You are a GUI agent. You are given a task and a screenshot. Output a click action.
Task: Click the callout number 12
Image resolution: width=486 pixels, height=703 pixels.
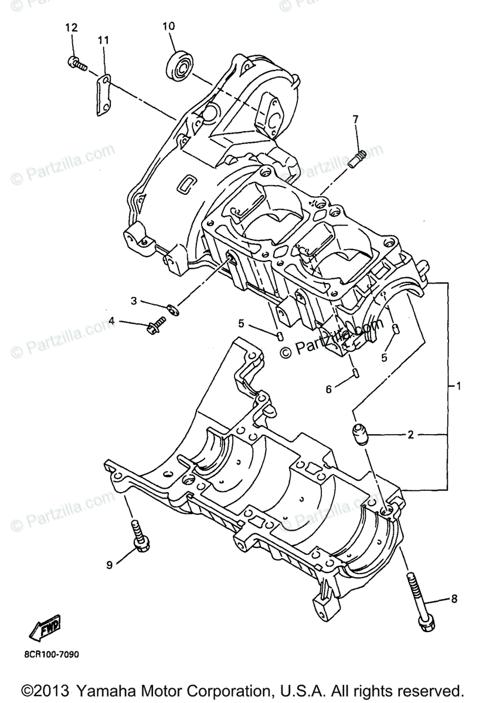71,28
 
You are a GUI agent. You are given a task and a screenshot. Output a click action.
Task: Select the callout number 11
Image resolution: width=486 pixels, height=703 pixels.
103,40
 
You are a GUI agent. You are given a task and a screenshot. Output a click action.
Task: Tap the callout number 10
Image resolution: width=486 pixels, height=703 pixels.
168,26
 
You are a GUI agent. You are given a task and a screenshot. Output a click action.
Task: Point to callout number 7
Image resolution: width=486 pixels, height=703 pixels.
355,120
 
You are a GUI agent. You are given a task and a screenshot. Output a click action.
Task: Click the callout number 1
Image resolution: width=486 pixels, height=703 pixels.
458,386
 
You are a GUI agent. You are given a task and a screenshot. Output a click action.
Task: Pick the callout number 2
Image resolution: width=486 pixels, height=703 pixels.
411,435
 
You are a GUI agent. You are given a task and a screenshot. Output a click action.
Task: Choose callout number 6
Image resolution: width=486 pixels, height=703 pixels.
328,388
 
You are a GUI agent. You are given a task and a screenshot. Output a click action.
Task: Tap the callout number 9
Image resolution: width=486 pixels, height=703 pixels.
109,565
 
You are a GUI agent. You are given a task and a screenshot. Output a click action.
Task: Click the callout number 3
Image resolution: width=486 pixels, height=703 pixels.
134,301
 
